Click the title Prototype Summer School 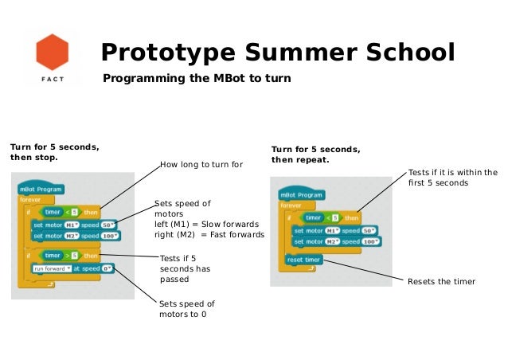277,53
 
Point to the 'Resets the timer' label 441,282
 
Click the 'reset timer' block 303,260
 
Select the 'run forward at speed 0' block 72,268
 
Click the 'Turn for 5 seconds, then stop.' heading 55,151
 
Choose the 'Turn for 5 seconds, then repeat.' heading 315,154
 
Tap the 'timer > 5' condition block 62,255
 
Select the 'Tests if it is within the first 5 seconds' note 452,177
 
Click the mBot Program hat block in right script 301,195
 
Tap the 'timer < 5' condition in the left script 61,211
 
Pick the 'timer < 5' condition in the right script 322,217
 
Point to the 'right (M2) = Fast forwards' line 209,235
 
